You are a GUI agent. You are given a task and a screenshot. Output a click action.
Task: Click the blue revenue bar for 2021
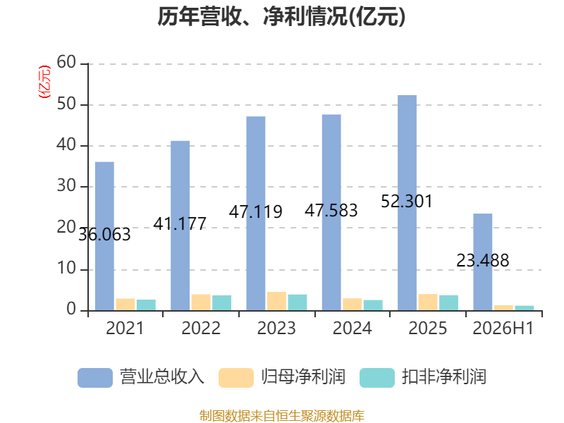coord(104,236)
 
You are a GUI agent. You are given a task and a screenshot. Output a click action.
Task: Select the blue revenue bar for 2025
coord(407,203)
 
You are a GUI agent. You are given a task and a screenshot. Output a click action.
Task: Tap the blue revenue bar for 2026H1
coord(483,262)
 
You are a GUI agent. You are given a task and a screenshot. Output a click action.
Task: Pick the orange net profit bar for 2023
coord(276,301)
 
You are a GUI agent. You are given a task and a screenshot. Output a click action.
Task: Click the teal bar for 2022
coord(221,303)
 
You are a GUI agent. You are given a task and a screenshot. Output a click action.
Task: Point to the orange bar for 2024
coord(352,305)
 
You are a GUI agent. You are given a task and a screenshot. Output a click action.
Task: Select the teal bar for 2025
coord(448,303)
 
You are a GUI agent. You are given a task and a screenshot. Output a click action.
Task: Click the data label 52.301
coord(407,202)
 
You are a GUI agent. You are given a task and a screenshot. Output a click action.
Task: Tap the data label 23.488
coord(483,260)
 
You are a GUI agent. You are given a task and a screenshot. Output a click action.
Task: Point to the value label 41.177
coord(180,223)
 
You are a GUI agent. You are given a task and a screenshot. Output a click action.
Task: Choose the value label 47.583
coord(331,210)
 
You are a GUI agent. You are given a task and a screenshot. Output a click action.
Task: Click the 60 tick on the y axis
coord(66,63)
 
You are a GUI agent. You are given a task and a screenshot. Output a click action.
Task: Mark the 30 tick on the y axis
coord(66,186)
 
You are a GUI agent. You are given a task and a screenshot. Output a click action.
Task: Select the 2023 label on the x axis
coord(276,328)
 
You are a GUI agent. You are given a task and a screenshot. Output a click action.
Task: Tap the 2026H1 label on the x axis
coord(503,328)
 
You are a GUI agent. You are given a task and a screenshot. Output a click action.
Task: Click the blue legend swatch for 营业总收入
coord(95,378)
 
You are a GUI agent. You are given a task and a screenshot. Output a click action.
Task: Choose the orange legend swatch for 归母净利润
coord(236,378)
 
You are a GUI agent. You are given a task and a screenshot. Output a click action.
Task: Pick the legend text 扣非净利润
coord(444,377)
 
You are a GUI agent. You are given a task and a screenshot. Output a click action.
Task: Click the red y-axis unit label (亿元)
coord(44,82)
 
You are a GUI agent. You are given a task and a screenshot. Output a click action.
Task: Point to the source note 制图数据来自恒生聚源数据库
coord(282,416)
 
